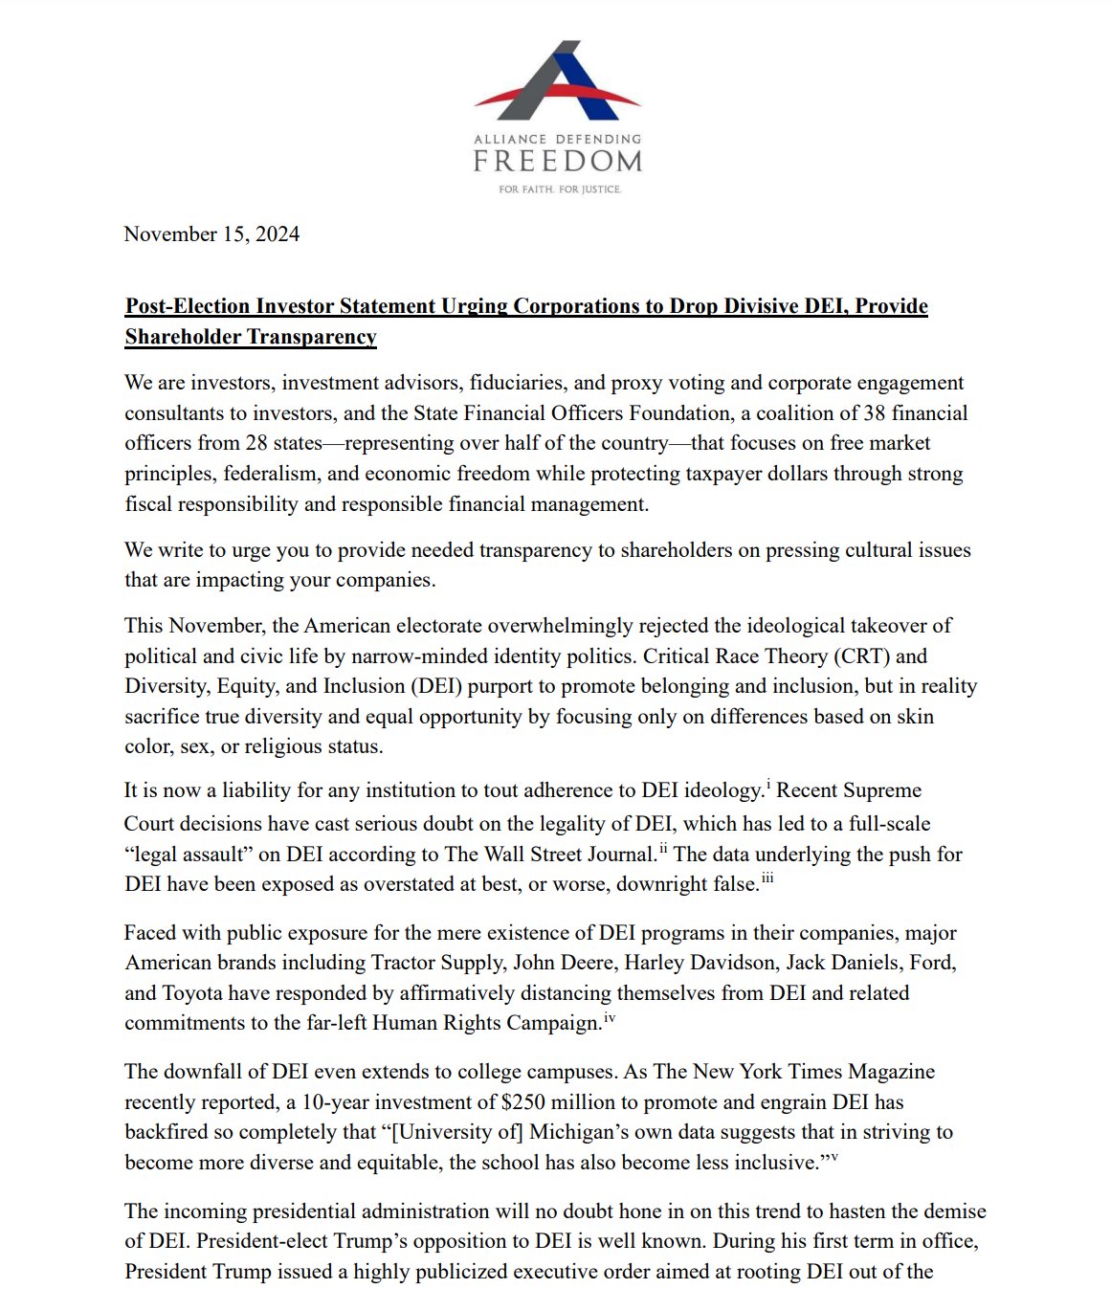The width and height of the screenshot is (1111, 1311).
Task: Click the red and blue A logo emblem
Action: click(557, 84)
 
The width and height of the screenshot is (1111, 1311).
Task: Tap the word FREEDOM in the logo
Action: click(557, 160)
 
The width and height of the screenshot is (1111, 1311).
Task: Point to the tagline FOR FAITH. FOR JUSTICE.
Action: click(560, 189)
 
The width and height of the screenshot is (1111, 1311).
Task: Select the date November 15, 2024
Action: click(211, 234)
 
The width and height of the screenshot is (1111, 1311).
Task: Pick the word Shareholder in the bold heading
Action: click(182, 337)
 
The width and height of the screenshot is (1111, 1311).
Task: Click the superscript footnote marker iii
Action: click(767, 879)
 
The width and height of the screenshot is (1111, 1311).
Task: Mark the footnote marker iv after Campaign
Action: click(610, 1018)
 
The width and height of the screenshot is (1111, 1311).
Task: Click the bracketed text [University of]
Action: click(453, 1132)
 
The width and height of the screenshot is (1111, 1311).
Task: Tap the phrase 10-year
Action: click(337, 1102)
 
